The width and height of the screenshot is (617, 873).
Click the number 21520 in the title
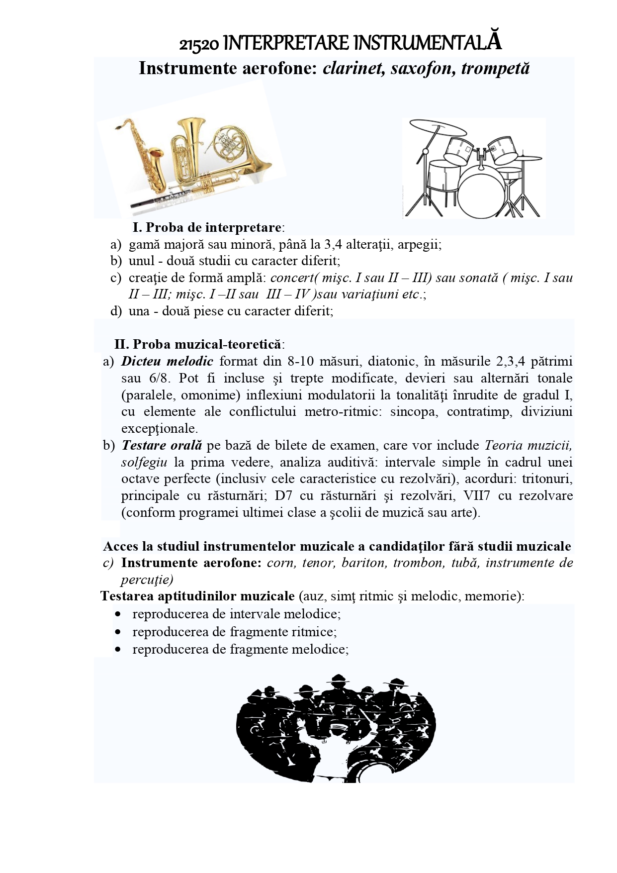(x=198, y=44)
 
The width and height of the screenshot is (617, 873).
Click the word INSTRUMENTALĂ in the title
(x=427, y=43)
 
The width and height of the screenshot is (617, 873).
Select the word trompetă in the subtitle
(x=495, y=68)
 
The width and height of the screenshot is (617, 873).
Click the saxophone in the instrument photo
(x=144, y=154)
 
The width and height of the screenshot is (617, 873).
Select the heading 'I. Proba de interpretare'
(x=207, y=227)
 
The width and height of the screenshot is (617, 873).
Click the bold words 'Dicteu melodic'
(x=167, y=361)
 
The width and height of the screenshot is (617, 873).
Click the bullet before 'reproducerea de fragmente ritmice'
(x=118, y=632)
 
